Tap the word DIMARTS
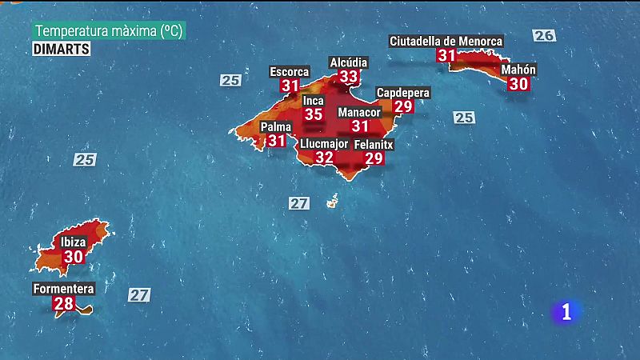pyautogui.click(x=62, y=48)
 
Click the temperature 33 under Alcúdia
pyautogui.click(x=349, y=77)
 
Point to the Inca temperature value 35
pyautogui.click(x=314, y=114)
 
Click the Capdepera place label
pyautogui.click(x=402, y=93)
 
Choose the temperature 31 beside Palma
pyautogui.click(x=277, y=141)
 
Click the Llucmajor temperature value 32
pyautogui.click(x=324, y=158)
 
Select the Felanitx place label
pyautogui.click(x=374, y=144)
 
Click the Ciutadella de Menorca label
pyautogui.click(x=446, y=41)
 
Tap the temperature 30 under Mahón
pyautogui.click(x=518, y=84)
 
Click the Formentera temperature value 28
pyautogui.click(x=62, y=304)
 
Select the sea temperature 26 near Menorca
pyautogui.click(x=544, y=35)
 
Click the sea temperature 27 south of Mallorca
pyautogui.click(x=299, y=203)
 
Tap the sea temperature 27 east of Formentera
pyautogui.click(x=139, y=294)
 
